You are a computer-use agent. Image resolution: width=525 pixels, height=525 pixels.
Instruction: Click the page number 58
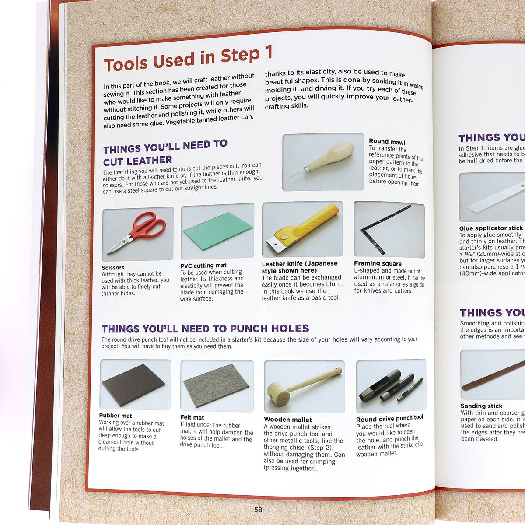pyautogui.click(x=258, y=510)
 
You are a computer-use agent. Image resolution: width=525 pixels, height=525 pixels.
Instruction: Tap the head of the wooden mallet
pyautogui.click(x=279, y=393)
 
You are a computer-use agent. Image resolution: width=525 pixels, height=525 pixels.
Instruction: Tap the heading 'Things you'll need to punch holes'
pyautogui.click(x=205, y=329)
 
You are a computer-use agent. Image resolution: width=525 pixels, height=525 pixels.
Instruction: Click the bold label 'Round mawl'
pyautogui.click(x=387, y=142)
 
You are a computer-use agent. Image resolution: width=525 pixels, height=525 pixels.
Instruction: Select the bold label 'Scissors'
pyautogui.click(x=113, y=267)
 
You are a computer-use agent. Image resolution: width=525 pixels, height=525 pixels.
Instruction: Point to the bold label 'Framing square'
pyautogui.click(x=378, y=263)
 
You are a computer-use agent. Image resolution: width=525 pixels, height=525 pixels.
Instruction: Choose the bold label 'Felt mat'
pyautogui.click(x=192, y=417)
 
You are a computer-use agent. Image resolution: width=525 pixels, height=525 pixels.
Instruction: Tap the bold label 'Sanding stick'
pyautogui.click(x=481, y=406)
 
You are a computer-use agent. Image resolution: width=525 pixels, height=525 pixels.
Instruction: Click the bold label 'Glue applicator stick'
pyautogui.click(x=491, y=228)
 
